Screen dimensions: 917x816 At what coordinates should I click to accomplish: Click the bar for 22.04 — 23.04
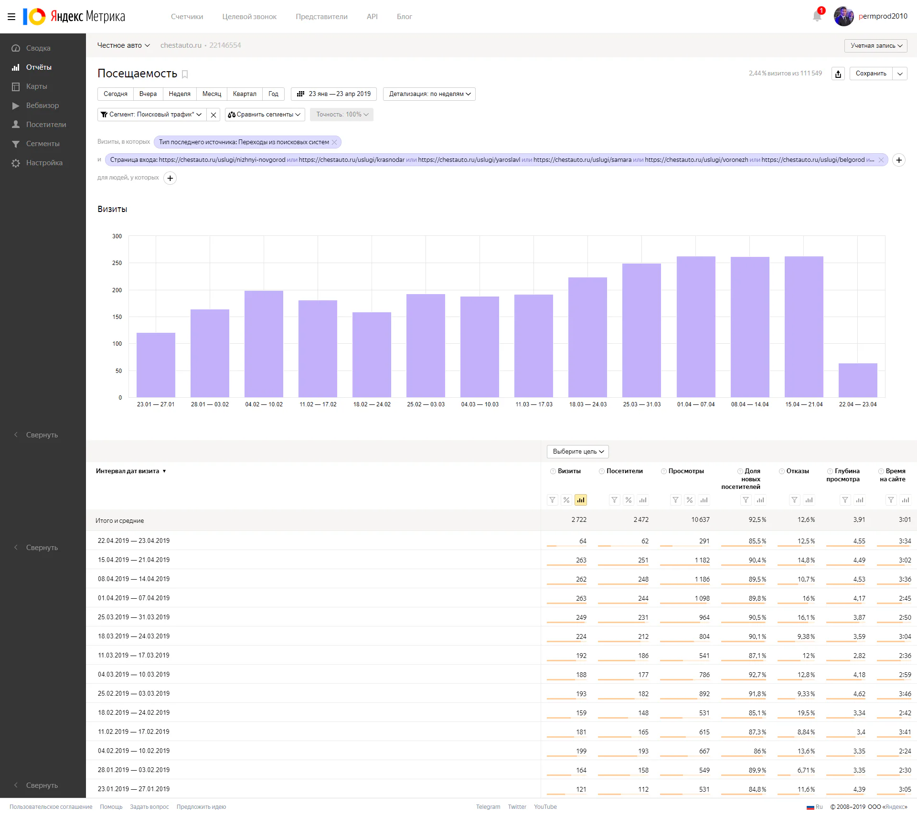coord(858,380)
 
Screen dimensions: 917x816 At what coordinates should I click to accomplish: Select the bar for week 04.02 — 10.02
coord(264,344)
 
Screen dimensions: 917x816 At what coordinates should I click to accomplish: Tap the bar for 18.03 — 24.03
coord(587,337)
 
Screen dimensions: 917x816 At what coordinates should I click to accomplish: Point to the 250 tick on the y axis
coord(117,263)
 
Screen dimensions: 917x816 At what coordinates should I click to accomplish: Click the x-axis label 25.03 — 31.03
coord(642,404)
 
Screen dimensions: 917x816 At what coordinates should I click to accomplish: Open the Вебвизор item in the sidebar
coord(43,106)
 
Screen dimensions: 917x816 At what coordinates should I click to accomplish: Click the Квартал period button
coord(245,94)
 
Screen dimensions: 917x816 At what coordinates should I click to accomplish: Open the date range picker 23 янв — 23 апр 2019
coord(334,94)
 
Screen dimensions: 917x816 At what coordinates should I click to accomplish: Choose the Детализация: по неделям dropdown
coord(429,94)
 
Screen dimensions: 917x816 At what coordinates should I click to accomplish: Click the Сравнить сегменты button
coord(265,115)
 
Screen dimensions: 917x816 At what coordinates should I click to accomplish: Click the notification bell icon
coord(817,16)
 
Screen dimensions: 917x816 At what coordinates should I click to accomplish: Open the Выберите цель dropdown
coord(578,452)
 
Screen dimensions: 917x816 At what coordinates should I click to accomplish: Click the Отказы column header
coord(798,471)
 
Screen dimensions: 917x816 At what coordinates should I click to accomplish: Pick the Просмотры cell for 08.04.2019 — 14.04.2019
coord(702,579)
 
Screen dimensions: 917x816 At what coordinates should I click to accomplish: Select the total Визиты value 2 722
coord(579,519)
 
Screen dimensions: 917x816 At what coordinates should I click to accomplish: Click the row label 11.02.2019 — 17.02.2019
coord(134,731)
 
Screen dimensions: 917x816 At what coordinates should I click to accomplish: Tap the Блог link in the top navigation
coord(404,17)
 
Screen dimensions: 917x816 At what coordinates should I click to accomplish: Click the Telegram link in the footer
coord(488,807)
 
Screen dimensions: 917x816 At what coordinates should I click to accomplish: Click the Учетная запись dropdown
coord(876,46)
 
